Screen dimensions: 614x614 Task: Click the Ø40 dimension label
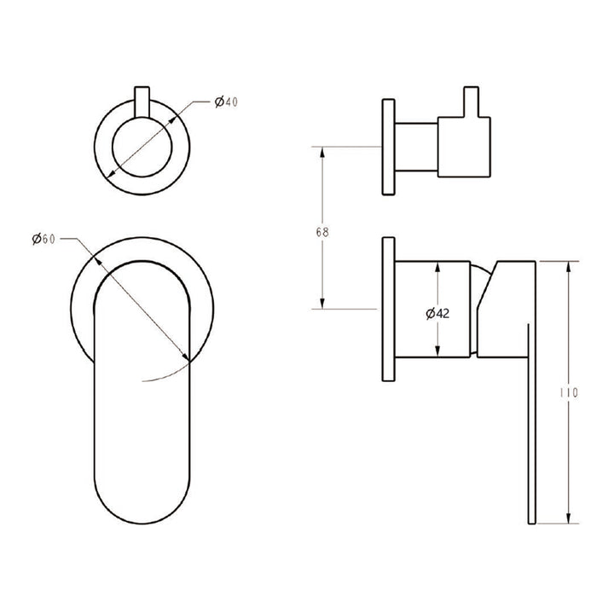[x=226, y=102]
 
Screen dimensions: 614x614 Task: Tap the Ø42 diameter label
[x=437, y=313]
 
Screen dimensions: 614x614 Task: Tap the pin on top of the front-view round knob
[x=142, y=101]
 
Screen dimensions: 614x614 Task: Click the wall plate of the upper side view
[x=389, y=148]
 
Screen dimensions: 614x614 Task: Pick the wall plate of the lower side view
[x=389, y=309]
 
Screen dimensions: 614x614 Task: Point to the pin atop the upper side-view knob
[x=470, y=101]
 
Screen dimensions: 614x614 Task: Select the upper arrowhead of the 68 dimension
[x=322, y=152]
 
